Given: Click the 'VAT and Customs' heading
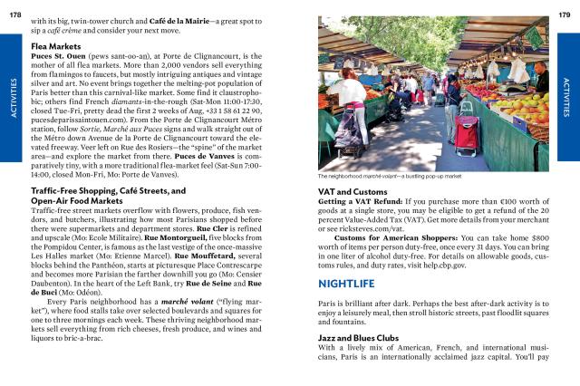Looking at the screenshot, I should coord(355,192).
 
